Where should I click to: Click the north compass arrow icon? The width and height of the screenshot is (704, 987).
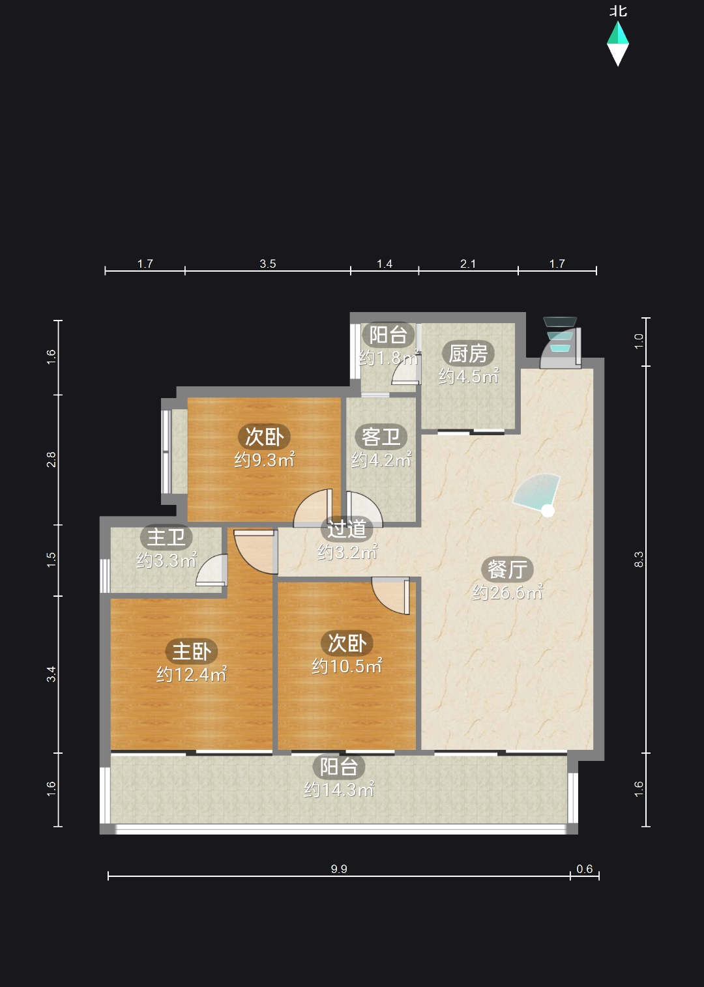click(x=617, y=44)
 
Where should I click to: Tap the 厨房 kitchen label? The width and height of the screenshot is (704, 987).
click(x=468, y=353)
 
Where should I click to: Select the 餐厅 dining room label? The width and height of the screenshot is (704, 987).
click(x=507, y=569)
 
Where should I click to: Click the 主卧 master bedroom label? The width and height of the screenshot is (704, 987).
click(x=192, y=651)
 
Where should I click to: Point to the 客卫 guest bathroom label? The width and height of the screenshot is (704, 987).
click(x=381, y=436)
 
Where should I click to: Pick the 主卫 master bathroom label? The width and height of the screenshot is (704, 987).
click(x=166, y=537)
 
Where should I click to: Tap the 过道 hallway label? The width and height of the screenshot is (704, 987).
click(x=347, y=529)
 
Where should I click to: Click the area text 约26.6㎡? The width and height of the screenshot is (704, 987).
click(x=507, y=593)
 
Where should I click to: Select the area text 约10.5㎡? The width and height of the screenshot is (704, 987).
click(x=347, y=666)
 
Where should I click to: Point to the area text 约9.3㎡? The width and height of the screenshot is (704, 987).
click(x=264, y=460)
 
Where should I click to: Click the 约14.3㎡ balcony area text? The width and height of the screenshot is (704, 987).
click(x=339, y=790)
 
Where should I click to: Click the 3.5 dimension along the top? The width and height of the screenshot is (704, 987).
click(x=267, y=264)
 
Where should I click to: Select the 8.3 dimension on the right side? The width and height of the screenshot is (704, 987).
click(x=639, y=560)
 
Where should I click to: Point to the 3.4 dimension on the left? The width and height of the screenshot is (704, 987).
click(x=51, y=674)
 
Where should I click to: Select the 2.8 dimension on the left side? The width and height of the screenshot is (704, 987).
click(x=51, y=459)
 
